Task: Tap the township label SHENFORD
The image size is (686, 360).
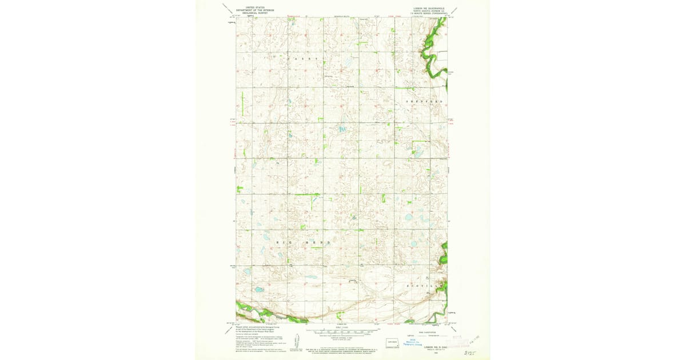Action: point(424,101)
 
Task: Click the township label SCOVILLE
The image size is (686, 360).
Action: point(424,285)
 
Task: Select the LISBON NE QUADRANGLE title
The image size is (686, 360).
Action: point(428,8)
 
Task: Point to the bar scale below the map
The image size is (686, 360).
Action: point(342,331)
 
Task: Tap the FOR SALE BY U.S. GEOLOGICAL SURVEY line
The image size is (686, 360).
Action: point(342,347)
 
